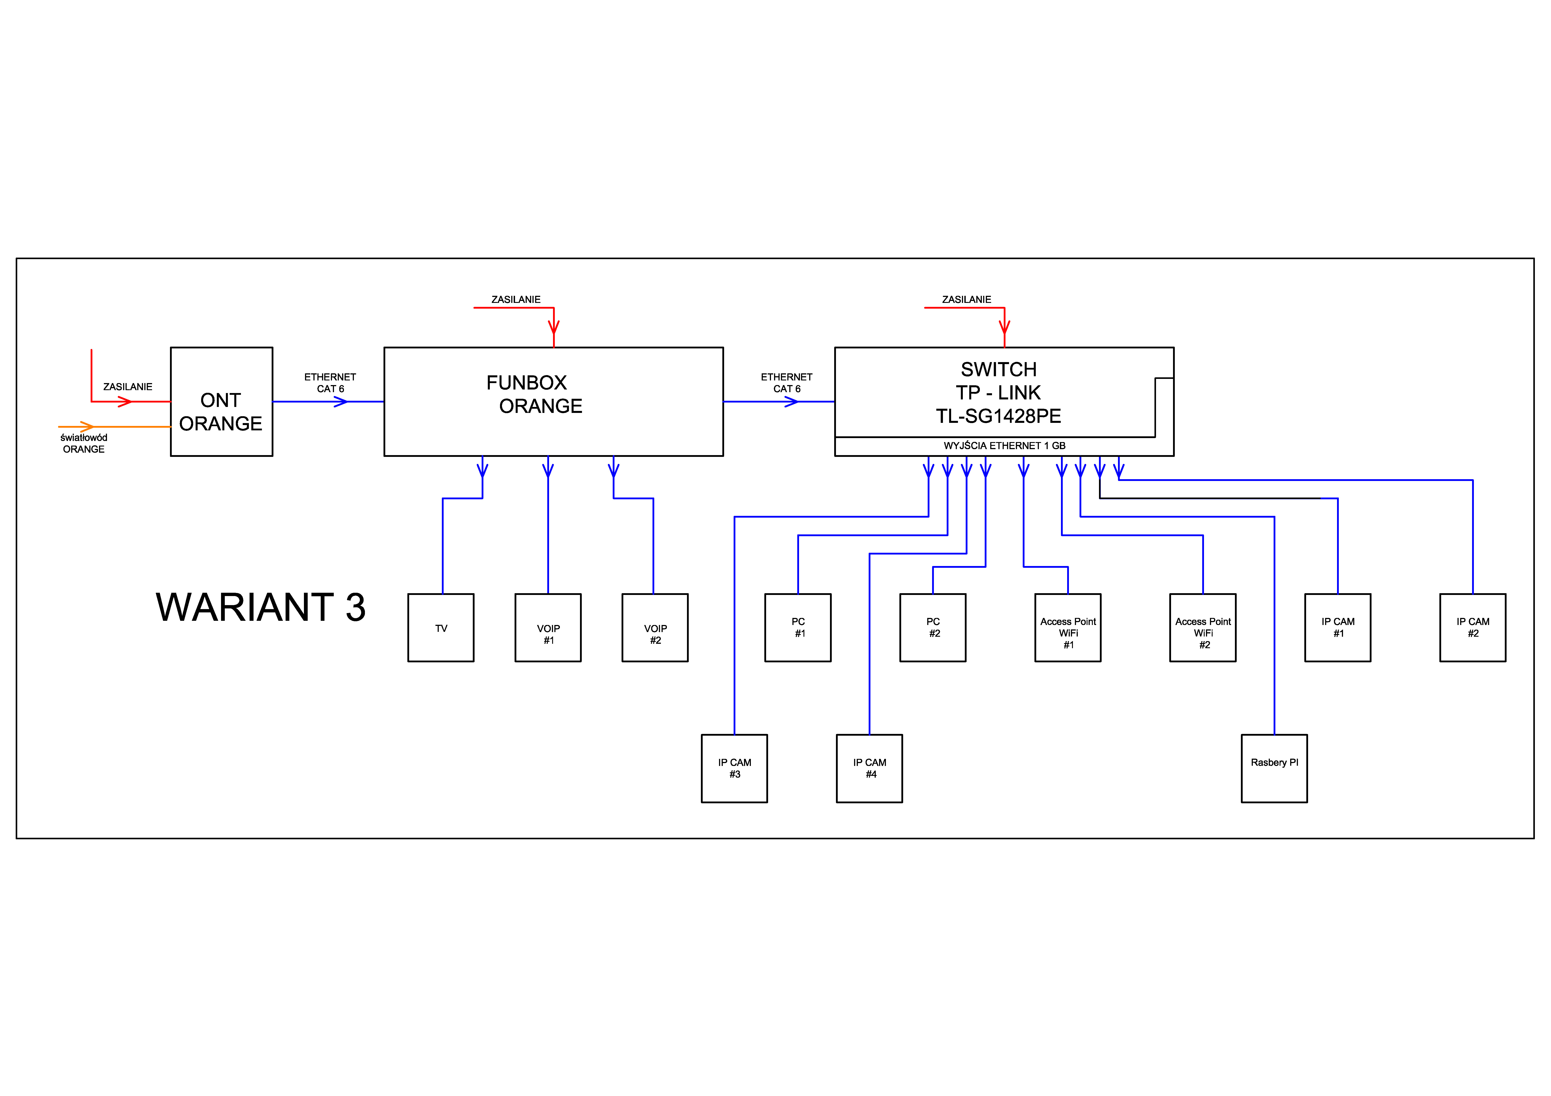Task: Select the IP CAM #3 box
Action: (734, 769)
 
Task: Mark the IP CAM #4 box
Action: (869, 769)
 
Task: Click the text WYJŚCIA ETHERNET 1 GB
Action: (1005, 446)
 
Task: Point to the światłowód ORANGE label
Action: (84, 444)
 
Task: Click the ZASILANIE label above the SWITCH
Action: (967, 299)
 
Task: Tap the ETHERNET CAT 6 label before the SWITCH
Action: (786, 383)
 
